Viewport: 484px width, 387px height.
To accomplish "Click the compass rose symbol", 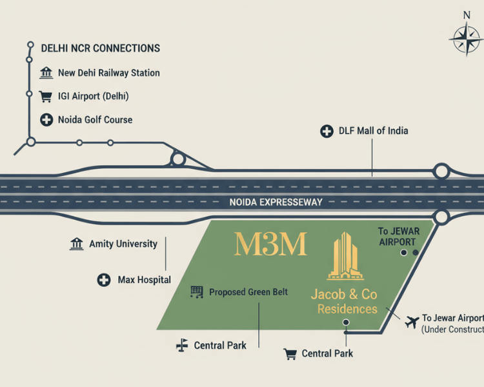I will click(467, 40).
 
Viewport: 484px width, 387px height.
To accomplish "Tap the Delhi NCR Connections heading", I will click(100, 48).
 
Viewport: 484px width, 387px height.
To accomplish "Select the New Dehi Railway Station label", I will click(108, 73).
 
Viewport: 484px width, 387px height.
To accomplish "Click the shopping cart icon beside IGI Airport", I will click(46, 97).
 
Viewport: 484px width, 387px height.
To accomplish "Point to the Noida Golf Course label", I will click(95, 119).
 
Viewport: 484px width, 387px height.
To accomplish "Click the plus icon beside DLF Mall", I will click(327, 132).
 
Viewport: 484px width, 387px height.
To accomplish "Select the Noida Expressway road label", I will click(276, 202).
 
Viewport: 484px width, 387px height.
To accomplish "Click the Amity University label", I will click(123, 244).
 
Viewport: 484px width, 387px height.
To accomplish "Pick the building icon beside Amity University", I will click(77, 244).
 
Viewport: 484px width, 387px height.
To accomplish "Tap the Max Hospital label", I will click(144, 280).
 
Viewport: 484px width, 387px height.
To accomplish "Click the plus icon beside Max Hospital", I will click(103, 280).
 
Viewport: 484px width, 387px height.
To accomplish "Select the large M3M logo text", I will click(270, 244).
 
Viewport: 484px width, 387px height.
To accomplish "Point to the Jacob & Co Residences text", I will click(344, 301).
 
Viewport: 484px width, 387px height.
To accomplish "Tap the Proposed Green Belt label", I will click(248, 292).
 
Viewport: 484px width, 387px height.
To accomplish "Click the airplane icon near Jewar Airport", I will click(411, 321).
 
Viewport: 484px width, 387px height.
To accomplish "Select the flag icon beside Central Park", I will click(182, 346).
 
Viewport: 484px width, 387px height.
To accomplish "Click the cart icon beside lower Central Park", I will click(290, 353).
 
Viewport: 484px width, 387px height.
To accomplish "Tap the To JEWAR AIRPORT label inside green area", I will click(397, 236).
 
